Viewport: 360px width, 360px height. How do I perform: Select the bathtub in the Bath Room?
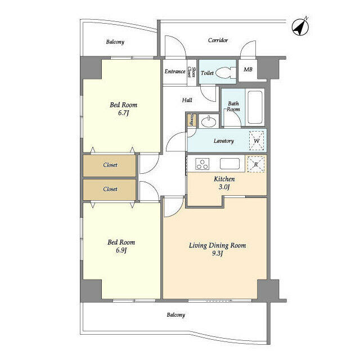click(x=255, y=107)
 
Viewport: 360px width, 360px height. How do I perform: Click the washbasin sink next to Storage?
click(x=209, y=121)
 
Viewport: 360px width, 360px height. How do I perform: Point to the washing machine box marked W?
click(x=256, y=141)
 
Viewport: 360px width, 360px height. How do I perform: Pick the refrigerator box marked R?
click(x=256, y=164)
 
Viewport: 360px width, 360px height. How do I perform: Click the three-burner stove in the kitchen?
click(x=202, y=164)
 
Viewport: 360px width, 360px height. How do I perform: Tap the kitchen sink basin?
click(x=229, y=164)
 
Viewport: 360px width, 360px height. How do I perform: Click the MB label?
click(x=248, y=69)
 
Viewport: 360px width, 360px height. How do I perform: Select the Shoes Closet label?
click(x=192, y=72)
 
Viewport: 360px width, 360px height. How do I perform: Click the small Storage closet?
click(x=191, y=120)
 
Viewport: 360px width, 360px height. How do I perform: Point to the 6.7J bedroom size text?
click(x=123, y=113)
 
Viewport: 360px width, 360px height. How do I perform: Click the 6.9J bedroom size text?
click(x=121, y=250)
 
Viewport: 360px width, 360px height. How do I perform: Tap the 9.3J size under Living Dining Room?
click(x=217, y=254)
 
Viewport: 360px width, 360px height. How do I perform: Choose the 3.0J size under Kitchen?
click(x=224, y=187)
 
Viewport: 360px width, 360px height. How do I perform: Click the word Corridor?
click(x=218, y=40)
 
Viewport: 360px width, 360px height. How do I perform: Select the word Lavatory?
click(x=224, y=141)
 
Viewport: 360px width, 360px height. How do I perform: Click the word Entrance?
click(x=175, y=71)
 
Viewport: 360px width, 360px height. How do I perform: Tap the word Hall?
click(x=187, y=100)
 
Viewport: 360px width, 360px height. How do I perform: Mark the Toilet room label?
click(x=207, y=73)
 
